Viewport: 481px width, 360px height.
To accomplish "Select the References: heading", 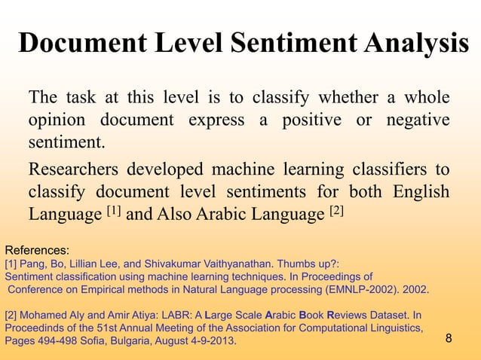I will (x=37, y=249).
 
